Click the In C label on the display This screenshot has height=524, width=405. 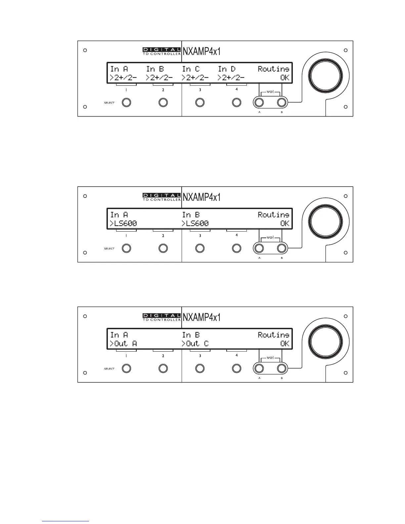click(x=191, y=69)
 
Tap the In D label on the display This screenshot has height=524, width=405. click(x=227, y=69)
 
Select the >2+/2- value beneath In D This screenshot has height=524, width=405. click(x=231, y=78)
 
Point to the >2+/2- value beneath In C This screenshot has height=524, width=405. click(x=195, y=78)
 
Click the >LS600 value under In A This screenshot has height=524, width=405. click(x=123, y=224)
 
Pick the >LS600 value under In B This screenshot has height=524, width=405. click(x=195, y=224)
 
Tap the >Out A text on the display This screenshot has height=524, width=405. click(x=123, y=344)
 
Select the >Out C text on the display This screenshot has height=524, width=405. click(x=195, y=344)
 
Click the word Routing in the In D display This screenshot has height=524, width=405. click(x=273, y=69)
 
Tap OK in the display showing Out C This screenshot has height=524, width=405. click(x=285, y=344)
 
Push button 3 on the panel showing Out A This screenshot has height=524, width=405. click(x=200, y=369)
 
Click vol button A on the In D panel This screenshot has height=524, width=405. click(x=259, y=103)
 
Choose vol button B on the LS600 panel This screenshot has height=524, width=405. click(x=282, y=248)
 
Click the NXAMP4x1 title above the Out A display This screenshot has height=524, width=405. click(x=202, y=317)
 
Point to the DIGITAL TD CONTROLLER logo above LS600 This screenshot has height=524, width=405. click(x=161, y=197)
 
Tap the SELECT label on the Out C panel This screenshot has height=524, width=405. click(x=109, y=369)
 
